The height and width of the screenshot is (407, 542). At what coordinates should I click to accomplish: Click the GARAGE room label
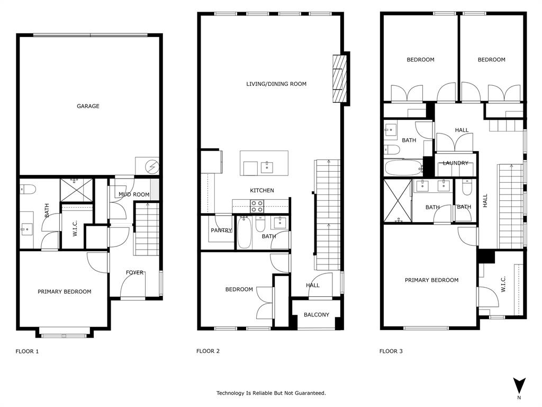[x=88, y=107]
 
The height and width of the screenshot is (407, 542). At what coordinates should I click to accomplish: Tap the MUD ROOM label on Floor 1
[x=133, y=194]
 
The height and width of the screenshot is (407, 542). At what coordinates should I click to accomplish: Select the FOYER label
[x=134, y=272]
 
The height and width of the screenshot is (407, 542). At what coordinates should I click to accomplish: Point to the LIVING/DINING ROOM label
[x=276, y=84]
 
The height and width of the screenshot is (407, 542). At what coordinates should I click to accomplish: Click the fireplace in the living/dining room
[x=338, y=79]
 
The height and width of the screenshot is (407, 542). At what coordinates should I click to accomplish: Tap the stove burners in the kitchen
[x=257, y=206]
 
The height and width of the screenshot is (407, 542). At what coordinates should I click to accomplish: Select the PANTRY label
[x=221, y=231]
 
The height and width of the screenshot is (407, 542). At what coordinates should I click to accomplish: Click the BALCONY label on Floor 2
[x=317, y=315]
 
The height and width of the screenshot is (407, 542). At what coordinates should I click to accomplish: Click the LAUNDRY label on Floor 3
[x=456, y=163]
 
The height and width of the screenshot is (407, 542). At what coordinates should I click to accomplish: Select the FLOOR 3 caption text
[x=391, y=351]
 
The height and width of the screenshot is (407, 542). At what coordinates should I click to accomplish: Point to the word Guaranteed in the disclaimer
[x=309, y=393]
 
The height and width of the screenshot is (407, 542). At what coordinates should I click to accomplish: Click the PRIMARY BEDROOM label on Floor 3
[x=431, y=280]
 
